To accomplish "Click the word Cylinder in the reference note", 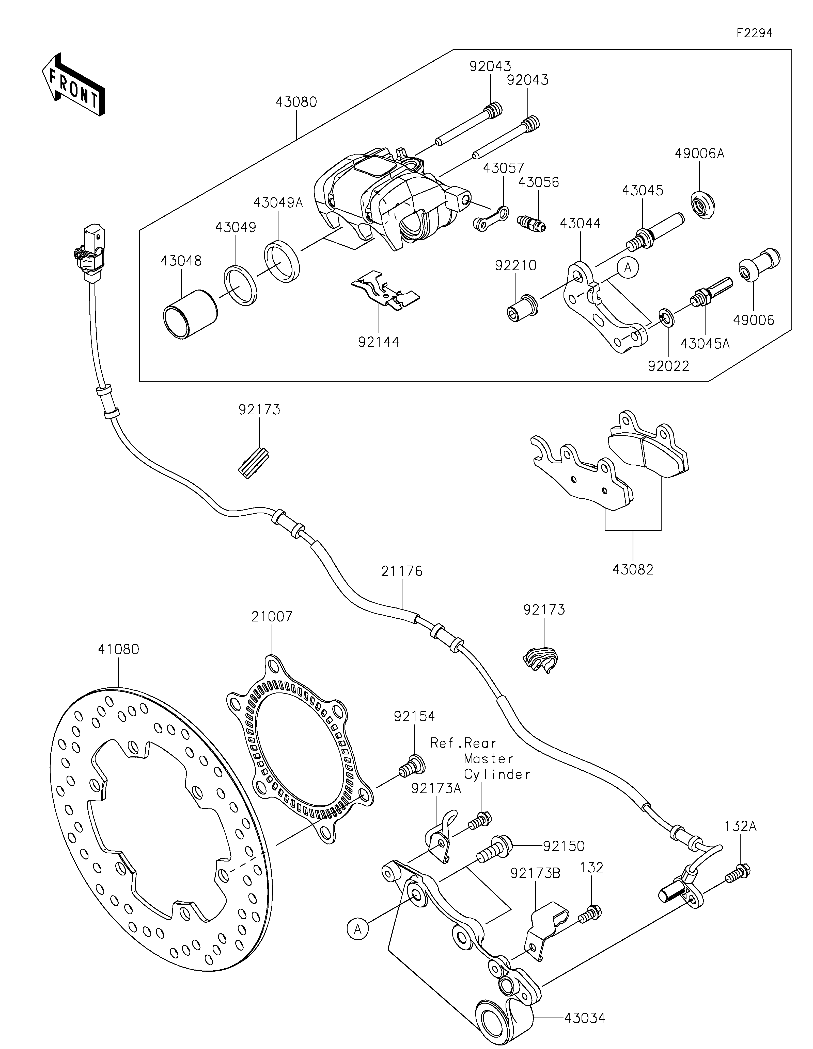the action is (x=497, y=774).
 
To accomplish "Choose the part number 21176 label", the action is (x=402, y=571).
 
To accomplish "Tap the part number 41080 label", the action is (x=118, y=649).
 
